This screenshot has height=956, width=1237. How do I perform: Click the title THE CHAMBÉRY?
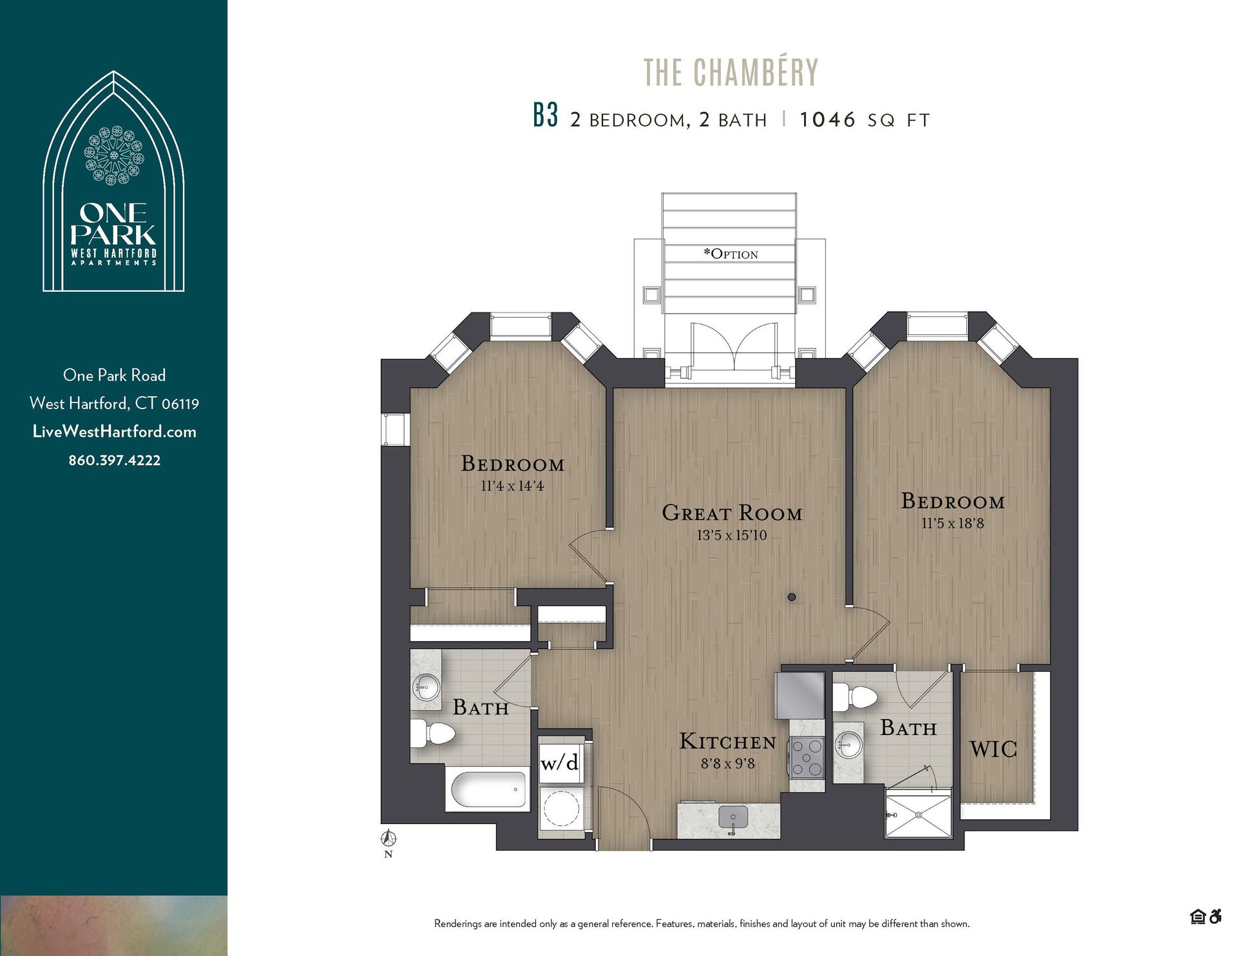tap(731, 72)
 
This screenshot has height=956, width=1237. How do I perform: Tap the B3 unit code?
tap(545, 116)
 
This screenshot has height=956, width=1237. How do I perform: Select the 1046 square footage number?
tap(827, 120)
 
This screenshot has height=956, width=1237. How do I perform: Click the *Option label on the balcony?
tap(731, 254)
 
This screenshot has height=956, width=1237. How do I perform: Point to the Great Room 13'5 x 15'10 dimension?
tap(731, 535)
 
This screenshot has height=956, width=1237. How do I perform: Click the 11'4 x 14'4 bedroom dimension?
tap(512, 486)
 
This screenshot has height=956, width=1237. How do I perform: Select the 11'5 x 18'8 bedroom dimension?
tap(952, 524)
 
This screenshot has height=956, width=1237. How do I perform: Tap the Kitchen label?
tap(727, 742)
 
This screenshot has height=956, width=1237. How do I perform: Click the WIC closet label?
tap(993, 749)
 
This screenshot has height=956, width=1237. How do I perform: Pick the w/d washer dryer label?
tap(559, 763)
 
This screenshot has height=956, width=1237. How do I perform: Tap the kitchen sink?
tap(733, 818)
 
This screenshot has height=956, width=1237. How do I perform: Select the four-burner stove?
tap(807, 758)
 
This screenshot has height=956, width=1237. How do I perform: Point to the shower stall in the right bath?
tap(918, 816)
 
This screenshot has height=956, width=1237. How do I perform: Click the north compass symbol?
tap(388, 839)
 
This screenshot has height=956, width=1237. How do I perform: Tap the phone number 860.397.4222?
tap(115, 461)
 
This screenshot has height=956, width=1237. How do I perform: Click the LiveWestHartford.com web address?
tap(115, 432)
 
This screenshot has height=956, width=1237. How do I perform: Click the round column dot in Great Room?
tap(792, 597)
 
